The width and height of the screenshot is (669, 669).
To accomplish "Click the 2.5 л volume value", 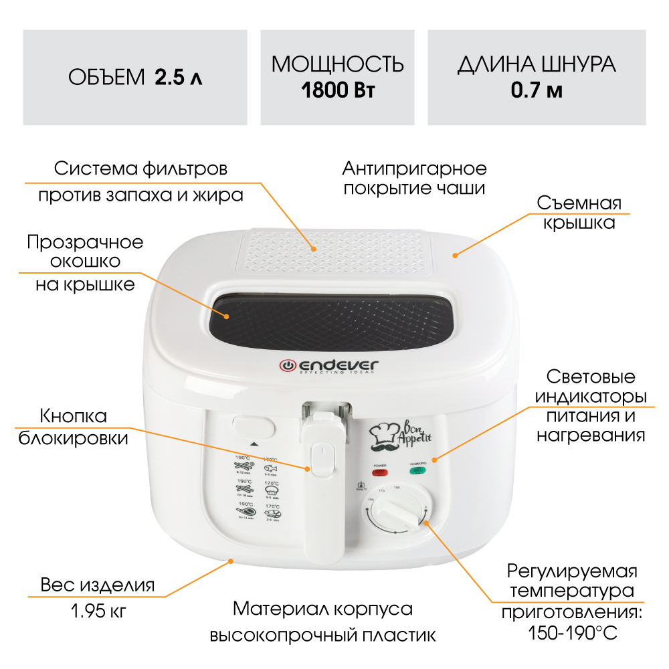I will pyautogui.click(x=179, y=78).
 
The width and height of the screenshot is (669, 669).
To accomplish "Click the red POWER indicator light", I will pyautogui.click(x=380, y=472).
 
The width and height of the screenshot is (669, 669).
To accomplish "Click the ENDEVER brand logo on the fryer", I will pyautogui.click(x=328, y=366).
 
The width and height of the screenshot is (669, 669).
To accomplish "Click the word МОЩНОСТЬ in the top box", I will pyautogui.click(x=338, y=65).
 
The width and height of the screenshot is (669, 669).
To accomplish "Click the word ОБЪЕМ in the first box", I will pyautogui.click(x=107, y=78).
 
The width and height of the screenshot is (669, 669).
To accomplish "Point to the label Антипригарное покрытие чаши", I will pyautogui.click(x=414, y=177).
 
